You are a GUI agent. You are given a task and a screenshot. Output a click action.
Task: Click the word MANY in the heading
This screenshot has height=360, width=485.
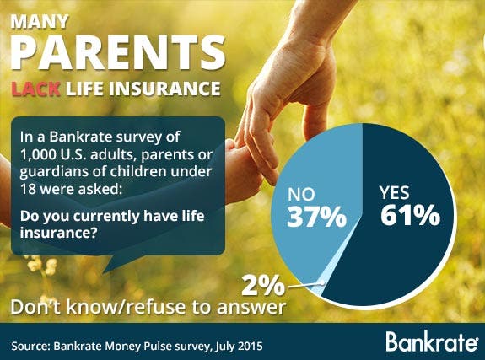click(x=40, y=21)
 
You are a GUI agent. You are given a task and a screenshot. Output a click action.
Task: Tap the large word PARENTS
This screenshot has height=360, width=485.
click(x=118, y=52)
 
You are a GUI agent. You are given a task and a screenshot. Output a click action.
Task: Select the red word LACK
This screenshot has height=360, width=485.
click(x=36, y=89)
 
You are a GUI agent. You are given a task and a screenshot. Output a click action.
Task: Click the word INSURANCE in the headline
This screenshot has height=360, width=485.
click(x=165, y=89)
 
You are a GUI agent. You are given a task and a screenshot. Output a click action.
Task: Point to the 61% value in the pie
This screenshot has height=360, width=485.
click(x=410, y=216)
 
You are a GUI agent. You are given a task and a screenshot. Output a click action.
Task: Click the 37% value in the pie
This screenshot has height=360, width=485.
click(x=317, y=217)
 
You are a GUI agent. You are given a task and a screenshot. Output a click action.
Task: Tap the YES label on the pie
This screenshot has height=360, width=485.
click(x=395, y=193)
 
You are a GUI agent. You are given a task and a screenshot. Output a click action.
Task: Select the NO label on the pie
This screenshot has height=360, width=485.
click(x=301, y=194)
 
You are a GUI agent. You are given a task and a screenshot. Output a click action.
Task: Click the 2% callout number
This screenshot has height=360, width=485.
click(x=263, y=286)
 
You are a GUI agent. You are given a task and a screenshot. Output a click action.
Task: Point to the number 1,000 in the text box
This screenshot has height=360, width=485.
click(x=37, y=154)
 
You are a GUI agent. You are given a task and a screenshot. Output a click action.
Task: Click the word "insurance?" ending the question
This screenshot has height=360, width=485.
click(x=57, y=233)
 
